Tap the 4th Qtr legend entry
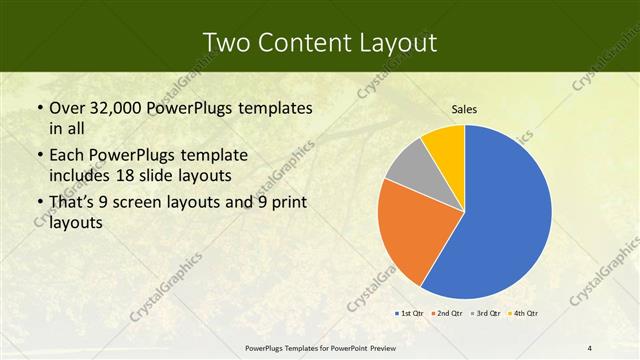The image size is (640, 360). pos(527,314)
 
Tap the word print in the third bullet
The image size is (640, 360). pos(287,203)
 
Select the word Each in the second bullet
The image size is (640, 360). pos(69,155)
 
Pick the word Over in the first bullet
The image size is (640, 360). pos(70,108)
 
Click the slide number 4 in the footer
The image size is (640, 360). pos(590,347)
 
